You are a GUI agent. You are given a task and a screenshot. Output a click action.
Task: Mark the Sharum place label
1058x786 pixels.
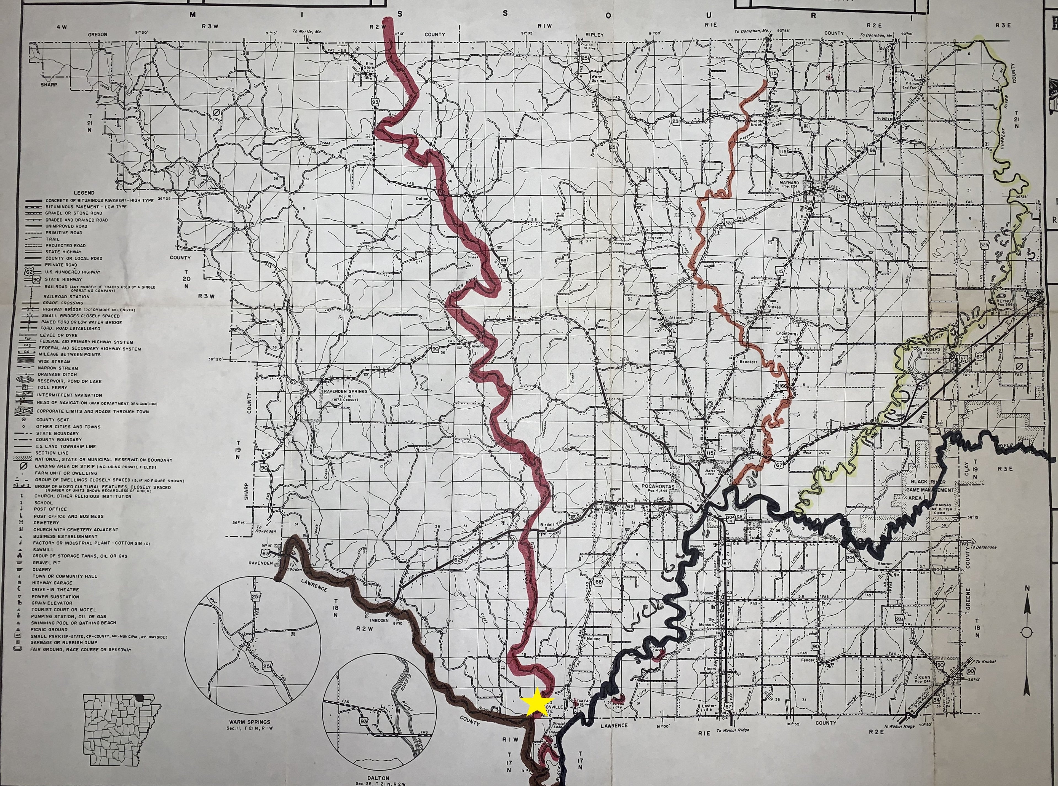(885, 564)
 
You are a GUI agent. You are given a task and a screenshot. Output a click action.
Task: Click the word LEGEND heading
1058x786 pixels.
(84, 193)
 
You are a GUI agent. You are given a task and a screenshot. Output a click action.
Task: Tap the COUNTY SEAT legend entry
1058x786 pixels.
(52, 420)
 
